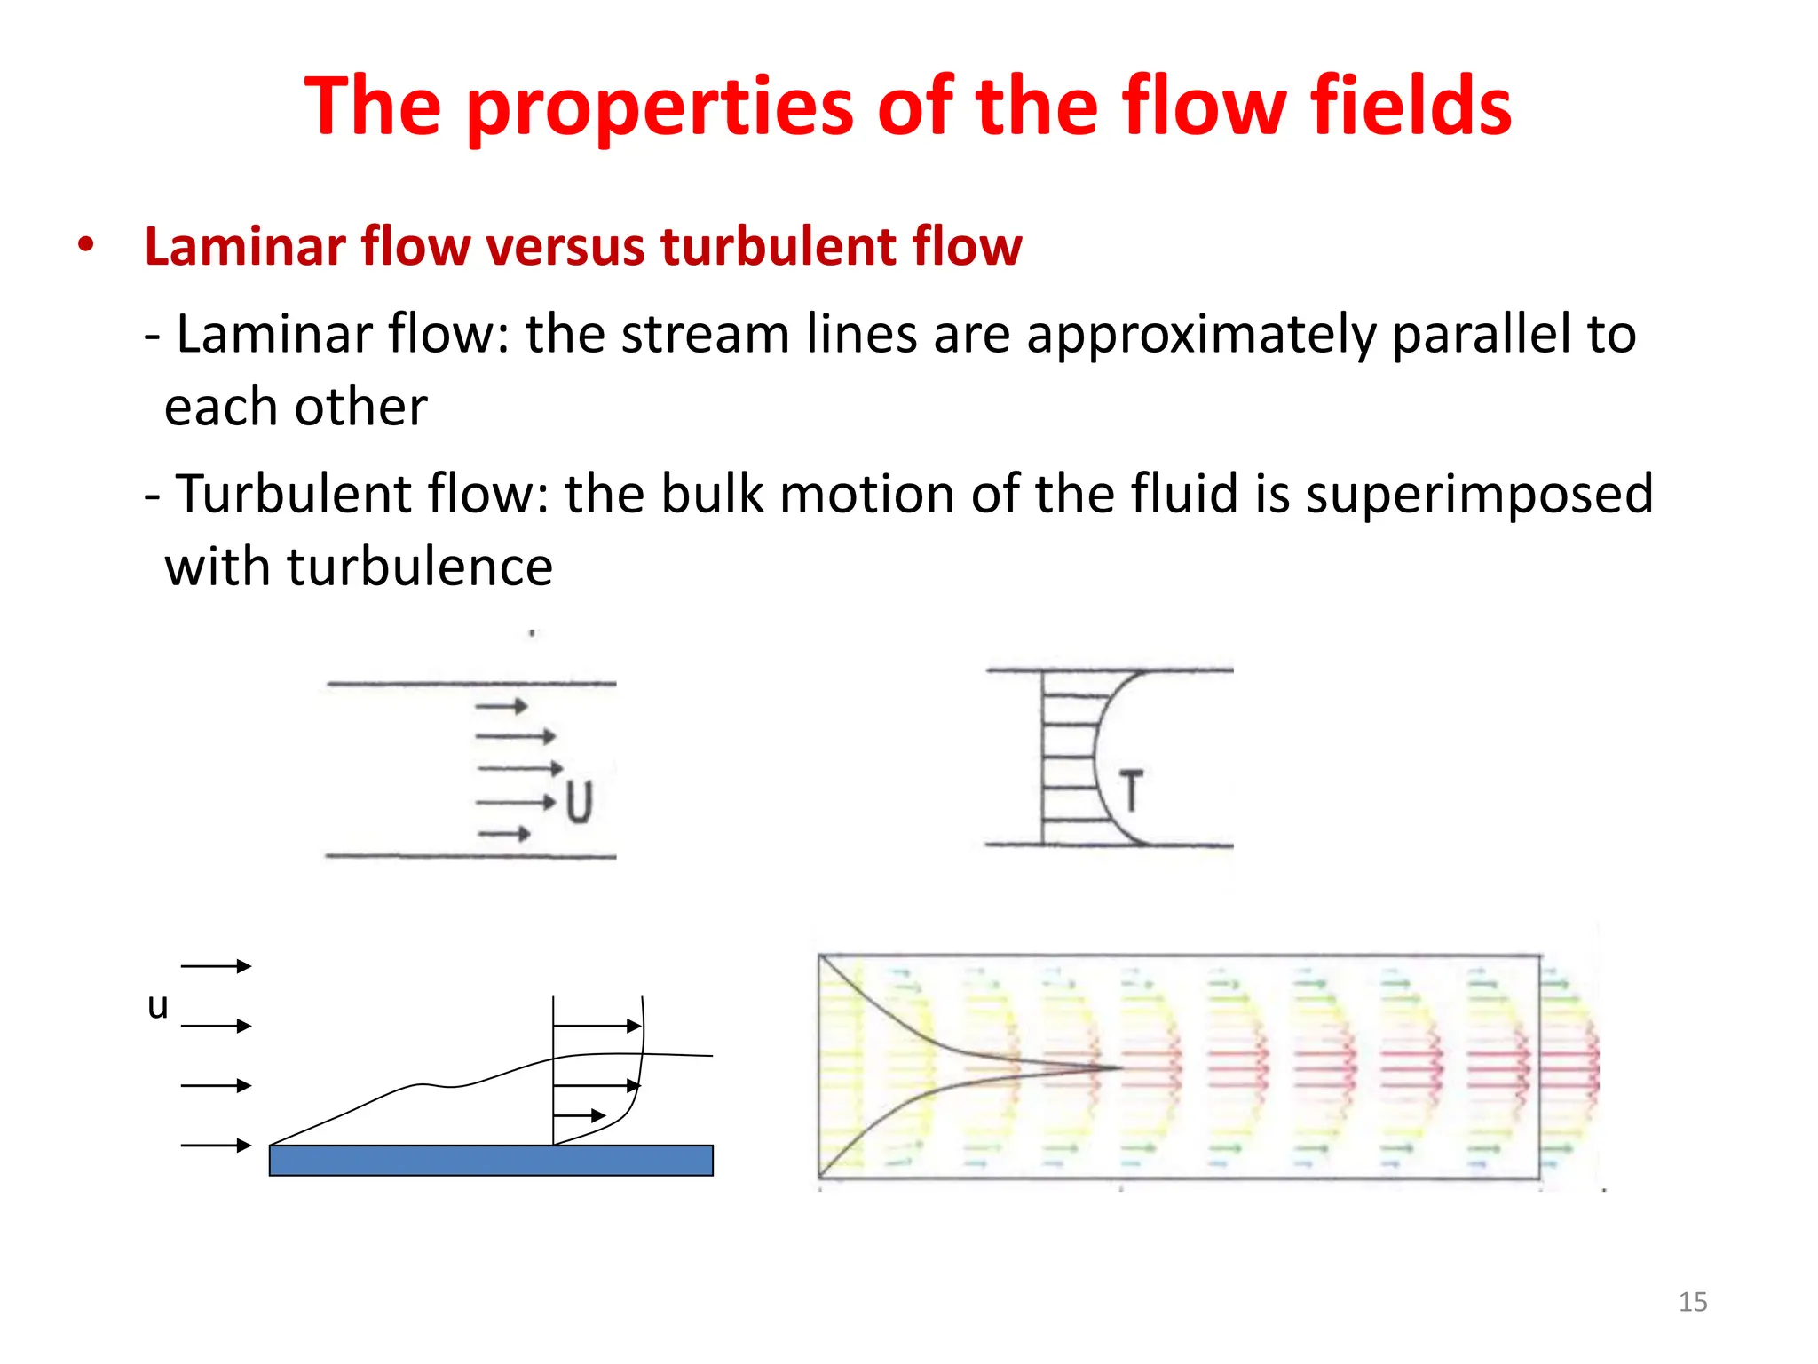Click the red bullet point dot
85,245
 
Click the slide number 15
1692,1302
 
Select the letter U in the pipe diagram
579,802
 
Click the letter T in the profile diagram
1131,790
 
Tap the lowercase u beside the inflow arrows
158,1006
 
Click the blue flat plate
491,1161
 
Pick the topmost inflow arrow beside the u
216,966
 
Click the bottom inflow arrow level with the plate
216,1146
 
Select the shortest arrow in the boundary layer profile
580,1115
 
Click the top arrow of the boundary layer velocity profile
597,1027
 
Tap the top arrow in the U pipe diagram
502,707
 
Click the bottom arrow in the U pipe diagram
504,834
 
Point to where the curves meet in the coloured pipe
1120,1067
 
